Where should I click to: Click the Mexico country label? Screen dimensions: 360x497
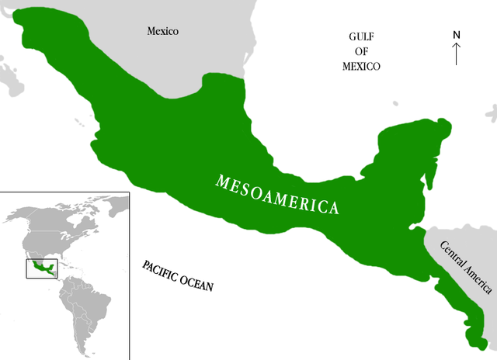(x=163, y=32)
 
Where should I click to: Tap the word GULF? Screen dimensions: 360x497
(x=362, y=36)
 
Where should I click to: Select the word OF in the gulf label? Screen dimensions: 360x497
(x=361, y=51)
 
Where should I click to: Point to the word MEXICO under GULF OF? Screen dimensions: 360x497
(x=361, y=66)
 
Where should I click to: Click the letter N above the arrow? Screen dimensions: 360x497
(x=457, y=35)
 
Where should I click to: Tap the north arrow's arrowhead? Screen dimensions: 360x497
(x=457, y=44)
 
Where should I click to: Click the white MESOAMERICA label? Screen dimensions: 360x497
(x=278, y=195)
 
